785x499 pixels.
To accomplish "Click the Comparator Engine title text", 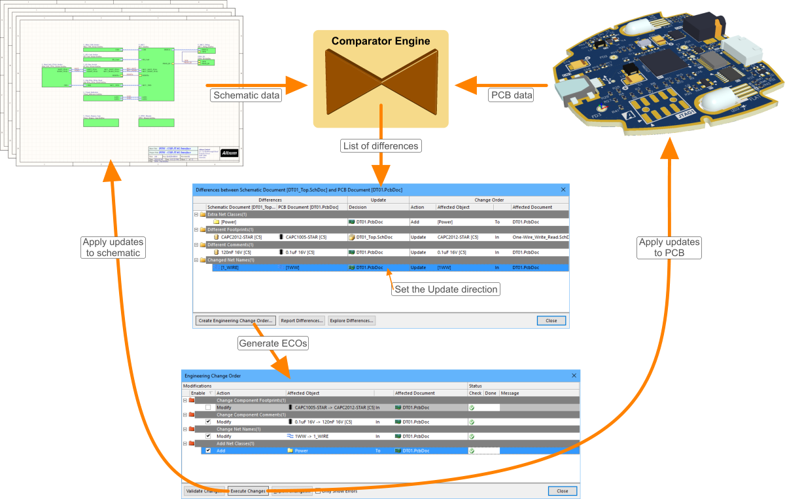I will pos(381,41).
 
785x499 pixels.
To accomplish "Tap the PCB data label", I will pos(512,95).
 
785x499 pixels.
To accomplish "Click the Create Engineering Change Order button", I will pos(235,321).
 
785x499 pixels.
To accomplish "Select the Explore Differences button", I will pos(351,321).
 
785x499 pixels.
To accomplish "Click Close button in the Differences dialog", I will pos(551,321).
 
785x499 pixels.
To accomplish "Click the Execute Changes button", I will pos(248,490).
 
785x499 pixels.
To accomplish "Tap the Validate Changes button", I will pos(203,490).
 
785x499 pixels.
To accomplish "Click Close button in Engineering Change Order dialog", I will pos(562,490).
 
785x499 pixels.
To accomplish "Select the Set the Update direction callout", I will pos(445,289).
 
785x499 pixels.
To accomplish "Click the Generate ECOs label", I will pos(273,343).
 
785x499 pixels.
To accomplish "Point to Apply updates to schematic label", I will pos(113,248).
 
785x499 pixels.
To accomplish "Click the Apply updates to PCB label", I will pos(669,247).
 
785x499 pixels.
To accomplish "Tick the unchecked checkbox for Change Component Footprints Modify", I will pos(208,407).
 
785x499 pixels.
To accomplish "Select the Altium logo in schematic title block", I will pos(230,153).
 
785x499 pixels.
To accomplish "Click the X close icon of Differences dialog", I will pos(563,189).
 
